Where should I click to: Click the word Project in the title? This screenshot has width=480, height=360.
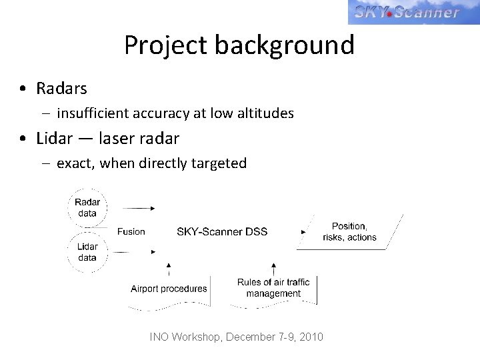166,45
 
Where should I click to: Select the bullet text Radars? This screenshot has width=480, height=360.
61,87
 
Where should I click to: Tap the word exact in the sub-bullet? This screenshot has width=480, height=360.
76,163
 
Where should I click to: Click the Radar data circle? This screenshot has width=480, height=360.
87,207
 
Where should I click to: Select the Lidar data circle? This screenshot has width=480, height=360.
87,252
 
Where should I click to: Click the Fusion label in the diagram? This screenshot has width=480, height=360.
131,231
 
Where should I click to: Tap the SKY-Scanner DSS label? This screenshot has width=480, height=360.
222,231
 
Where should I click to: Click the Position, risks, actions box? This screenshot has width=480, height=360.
349,231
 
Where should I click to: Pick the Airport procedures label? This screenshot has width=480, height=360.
169,289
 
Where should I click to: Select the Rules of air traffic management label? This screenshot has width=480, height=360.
273,288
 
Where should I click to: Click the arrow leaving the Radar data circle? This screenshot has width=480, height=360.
139,207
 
